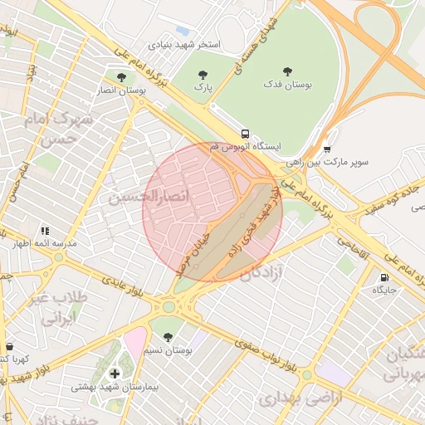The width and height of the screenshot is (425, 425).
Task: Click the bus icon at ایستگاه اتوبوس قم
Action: click(x=245, y=133)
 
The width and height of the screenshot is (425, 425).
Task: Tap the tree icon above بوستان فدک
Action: click(x=288, y=71)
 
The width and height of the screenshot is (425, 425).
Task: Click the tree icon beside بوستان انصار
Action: click(x=121, y=77)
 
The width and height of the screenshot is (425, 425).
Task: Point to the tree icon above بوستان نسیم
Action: click(x=169, y=338)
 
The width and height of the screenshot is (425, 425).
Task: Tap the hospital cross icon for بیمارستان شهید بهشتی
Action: click(x=115, y=374)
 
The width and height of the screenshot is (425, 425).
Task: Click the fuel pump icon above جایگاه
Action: click(x=383, y=277)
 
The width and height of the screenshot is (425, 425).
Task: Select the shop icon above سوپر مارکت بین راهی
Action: click(x=327, y=149)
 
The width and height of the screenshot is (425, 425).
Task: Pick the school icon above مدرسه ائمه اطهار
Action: click(x=44, y=231)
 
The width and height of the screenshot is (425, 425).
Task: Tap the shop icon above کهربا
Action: click(x=9, y=346)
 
